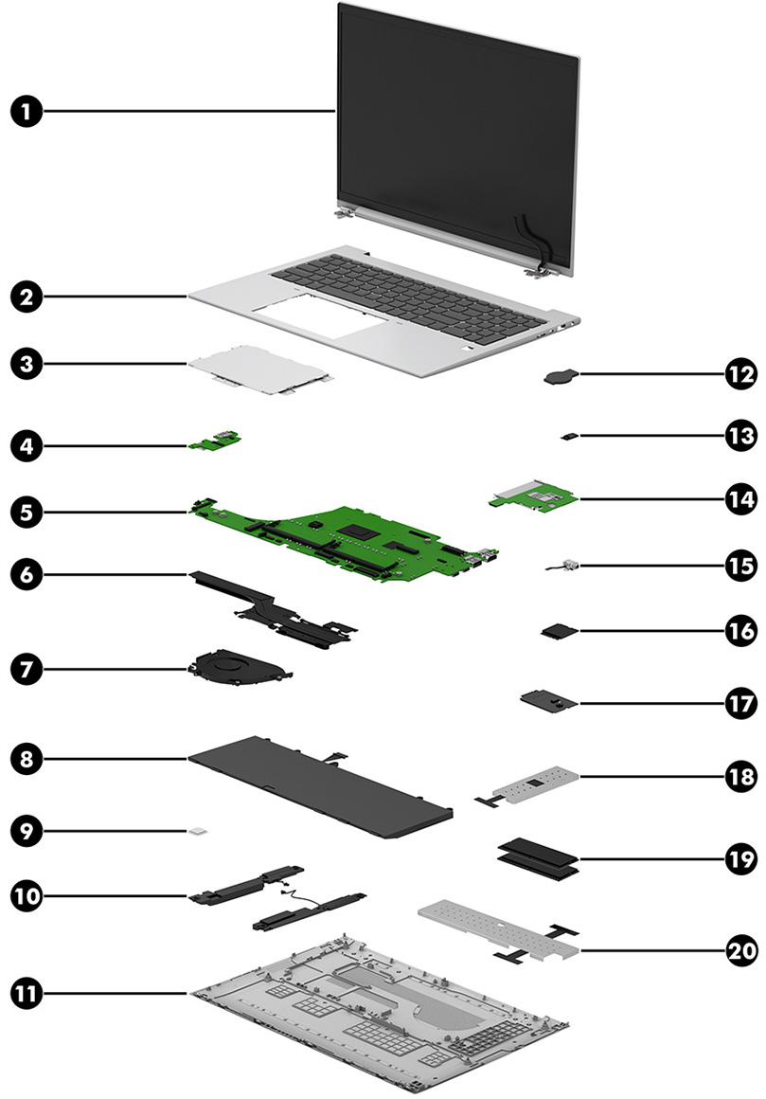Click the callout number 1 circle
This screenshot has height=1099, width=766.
(x=27, y=112)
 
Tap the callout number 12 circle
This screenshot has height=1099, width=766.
(x=740, y=374)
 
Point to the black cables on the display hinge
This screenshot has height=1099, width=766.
(x=531, y=240)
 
